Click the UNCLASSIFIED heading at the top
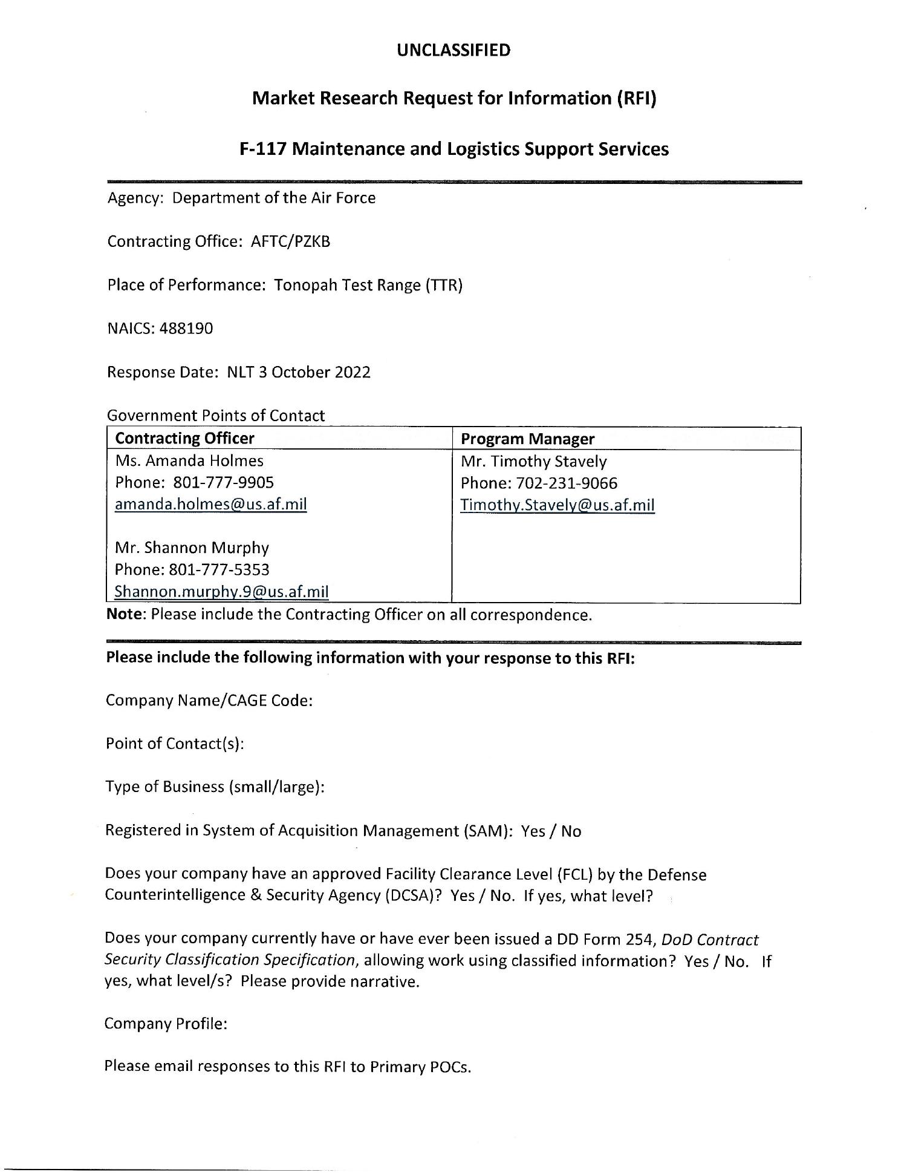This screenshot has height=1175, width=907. pyautogui.click(x=453, y=50)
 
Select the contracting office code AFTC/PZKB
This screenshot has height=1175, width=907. pyautogui.click(x=290, y=241)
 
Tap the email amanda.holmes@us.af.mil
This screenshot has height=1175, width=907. pyautogui.click(x=210, y=504)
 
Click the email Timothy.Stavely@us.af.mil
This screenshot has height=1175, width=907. pyautogui.click(x=557, y=505)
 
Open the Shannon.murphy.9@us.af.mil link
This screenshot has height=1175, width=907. pyautogui.click(x=221, y=591)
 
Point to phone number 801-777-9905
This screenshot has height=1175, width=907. pyautogui.click(x=223, y=482)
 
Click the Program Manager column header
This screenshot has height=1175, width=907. pyautogui.click(x=527, y=439)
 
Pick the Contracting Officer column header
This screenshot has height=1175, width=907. pyautogui.click(x=184, y=438)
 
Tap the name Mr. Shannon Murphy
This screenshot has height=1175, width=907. pyautogui.click(x=192, y=548)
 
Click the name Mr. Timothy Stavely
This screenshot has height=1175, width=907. pyautogui.click(x=533, y=461)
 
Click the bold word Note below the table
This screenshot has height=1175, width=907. pyautogui.click(x=126, y=615)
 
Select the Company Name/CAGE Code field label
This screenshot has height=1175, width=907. pyautogui.click(x=209, y=701)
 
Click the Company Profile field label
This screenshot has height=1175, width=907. pyautogui.click(x=166, y=1024)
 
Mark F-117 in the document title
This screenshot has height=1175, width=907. pyautogui.click(x=264, y=149)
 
